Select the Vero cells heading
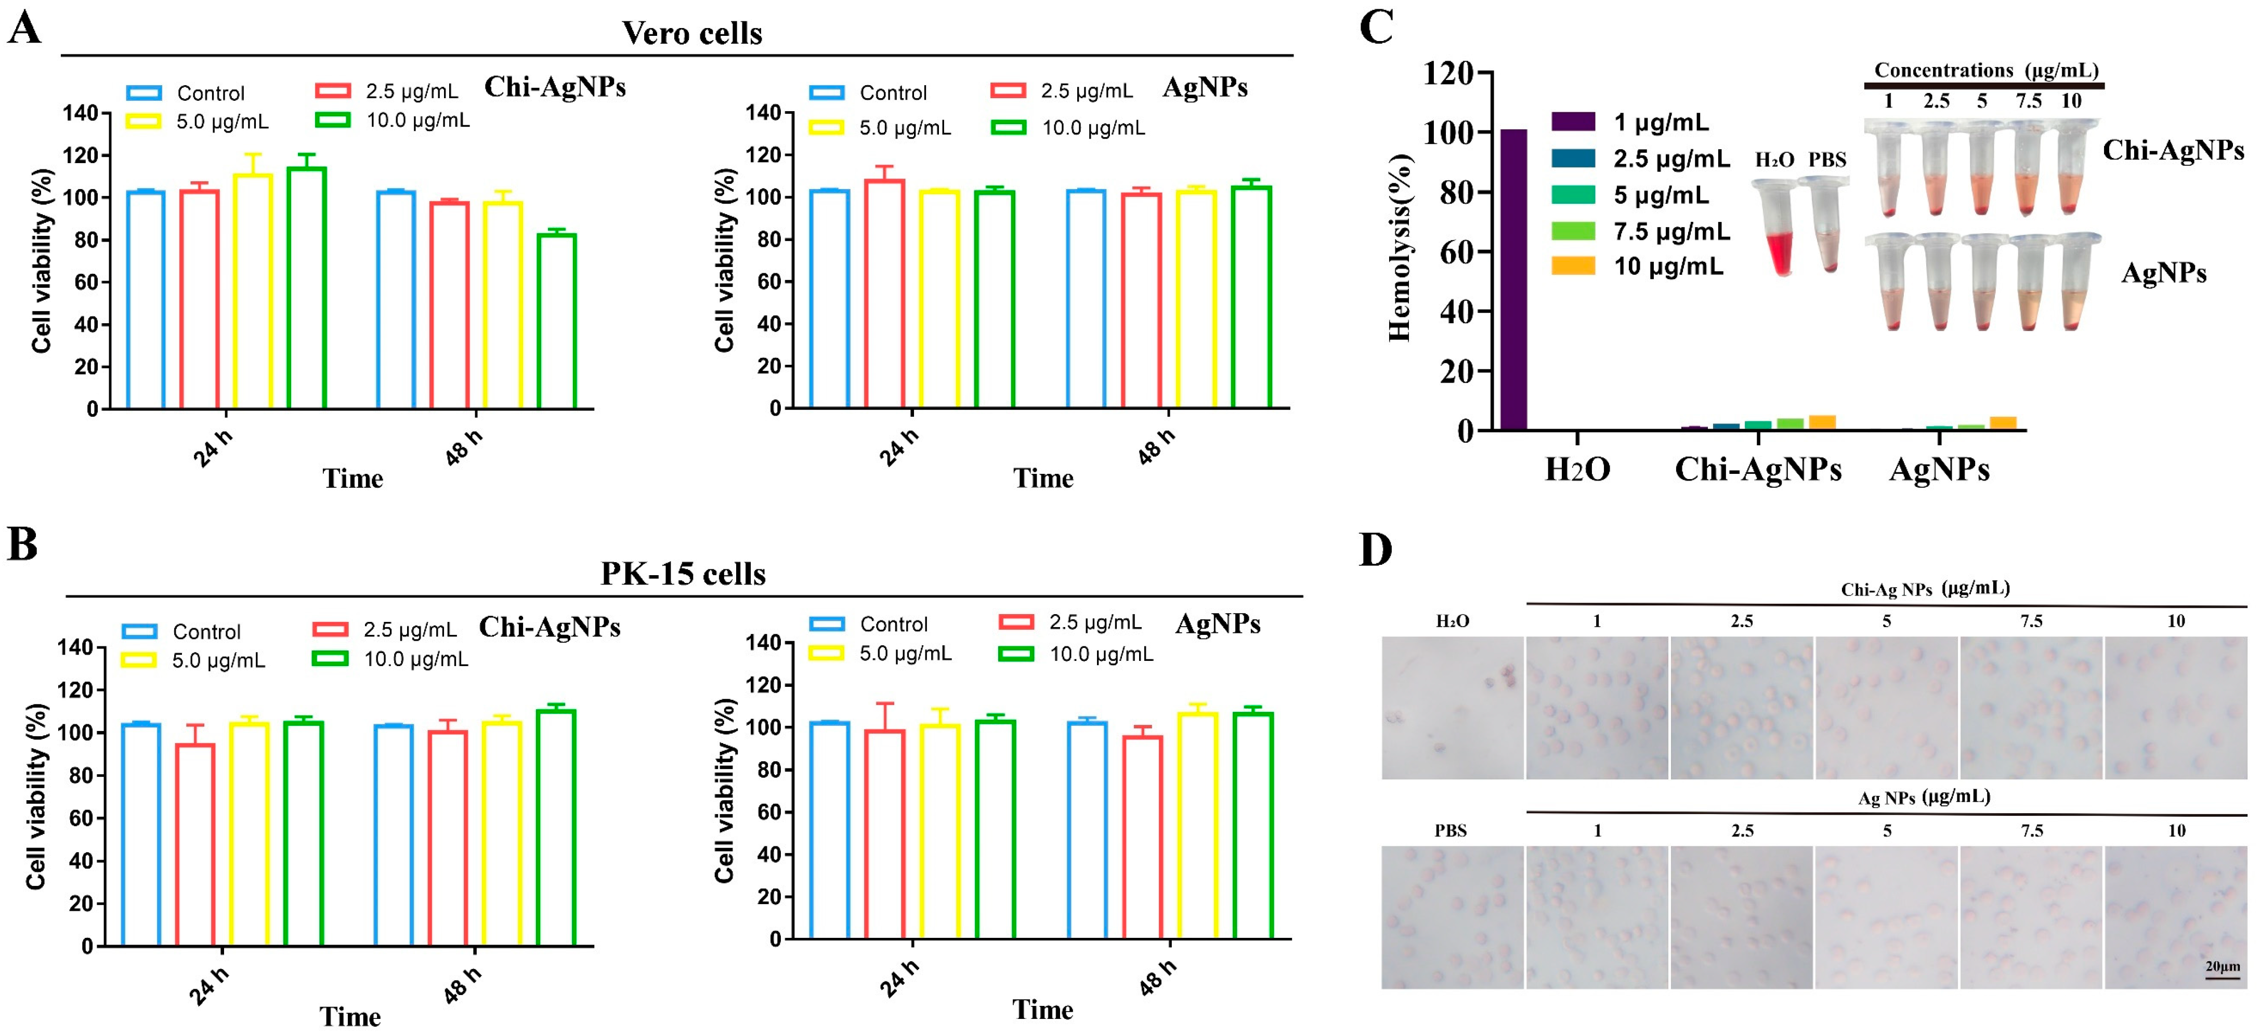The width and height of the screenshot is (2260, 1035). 691,33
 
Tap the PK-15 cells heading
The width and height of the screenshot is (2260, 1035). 683,574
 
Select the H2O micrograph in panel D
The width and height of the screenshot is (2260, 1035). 1452,707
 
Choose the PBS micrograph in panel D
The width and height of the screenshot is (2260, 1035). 1452,917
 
